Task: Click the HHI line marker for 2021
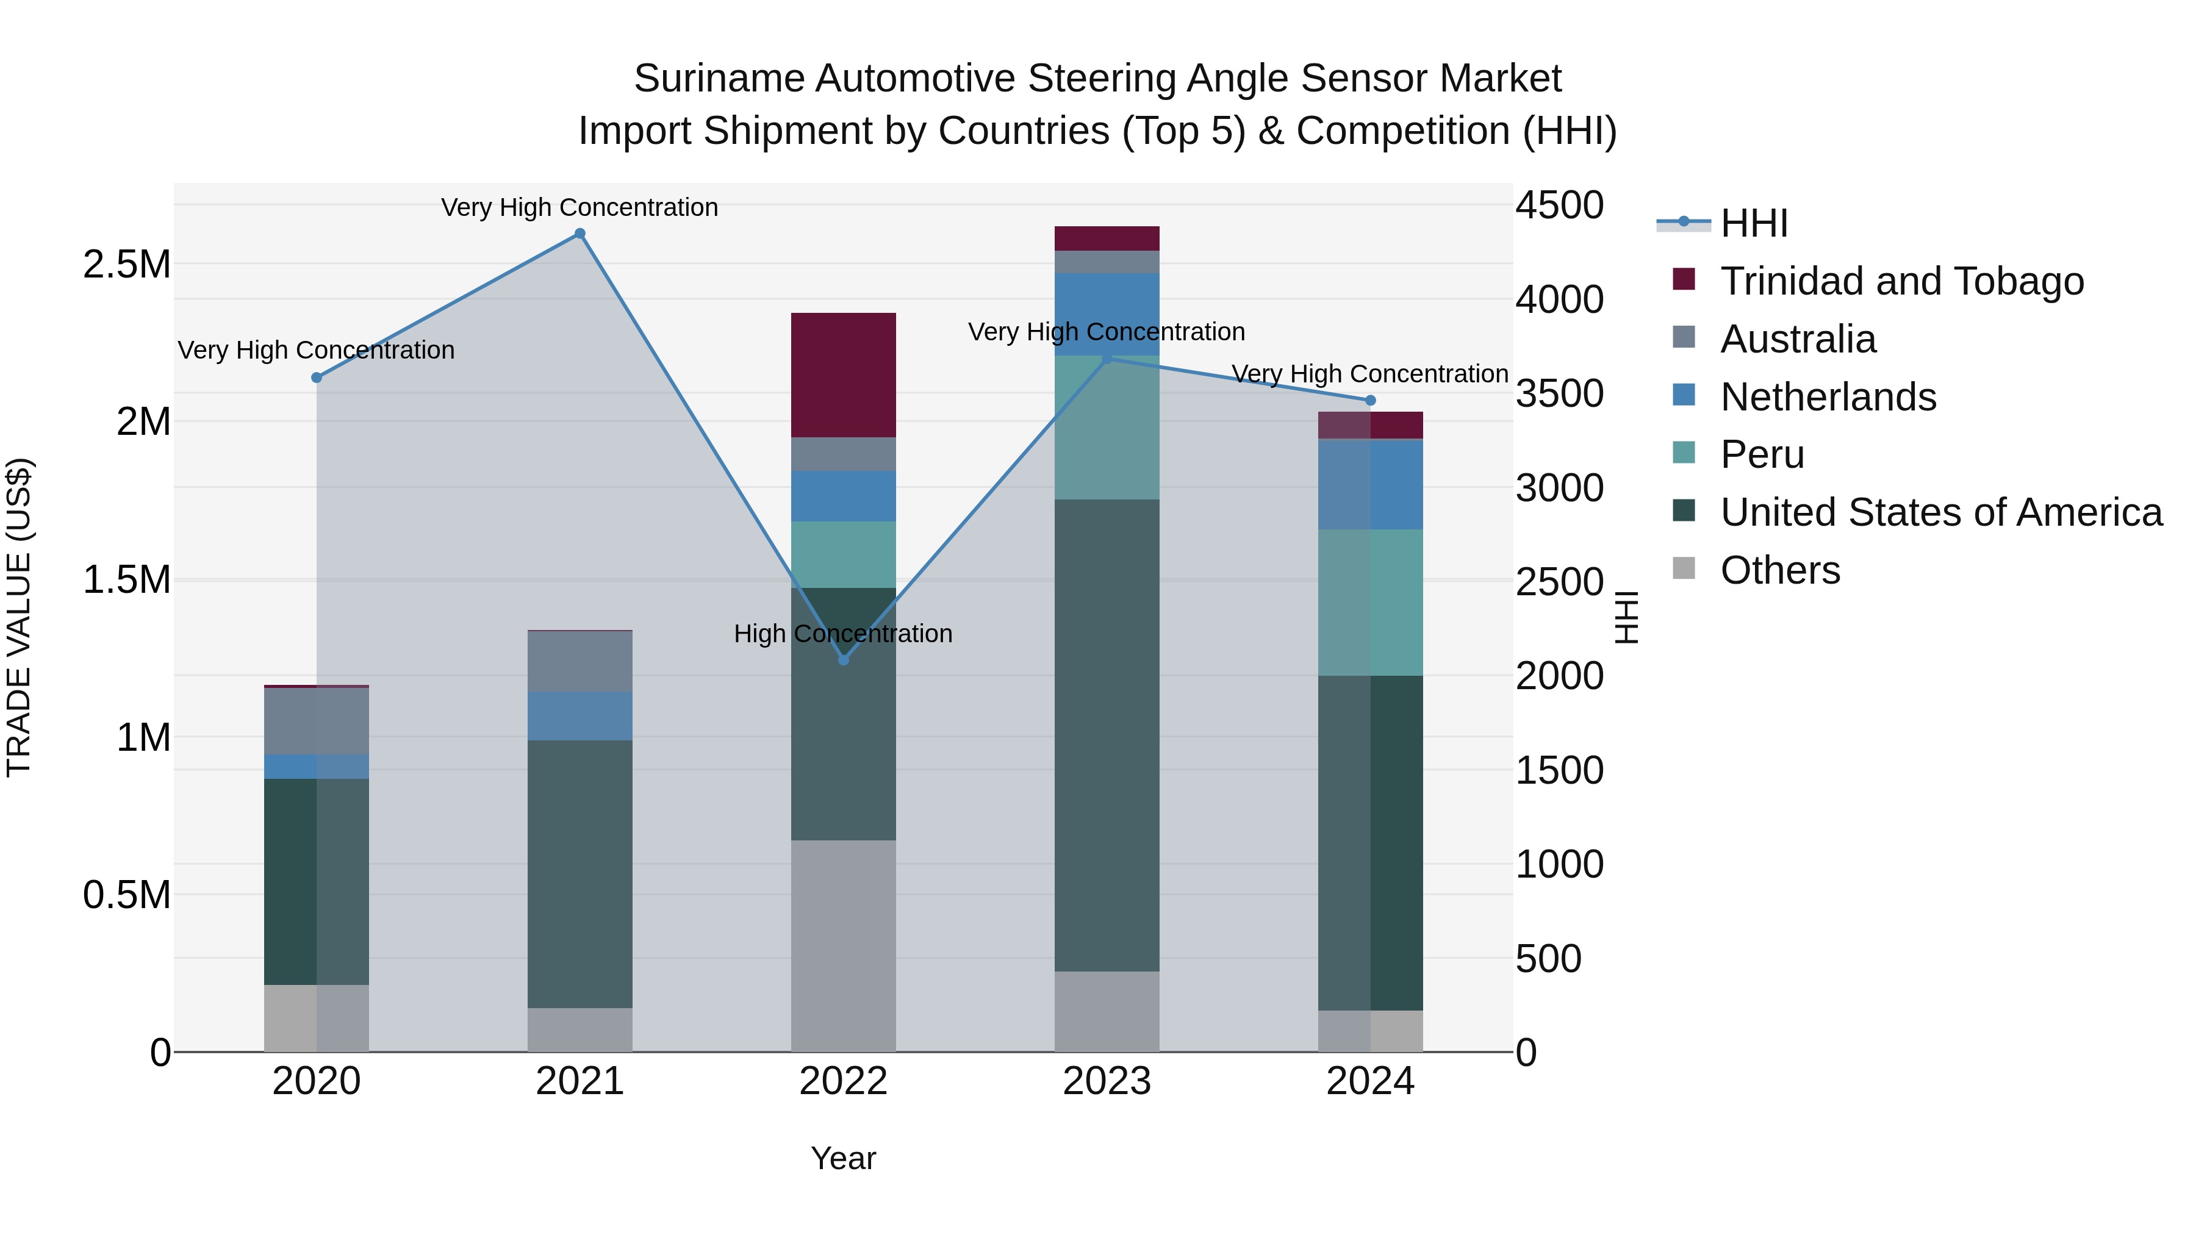point(579,234)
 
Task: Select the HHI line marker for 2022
point(843,660)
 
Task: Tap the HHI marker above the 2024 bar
point(1370,401)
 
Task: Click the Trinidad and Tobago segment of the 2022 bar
point(843,375)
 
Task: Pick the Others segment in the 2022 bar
point(843,945)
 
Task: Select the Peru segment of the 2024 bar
point(1370,603)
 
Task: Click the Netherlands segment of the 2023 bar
point(1107,313)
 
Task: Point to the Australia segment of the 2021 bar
point(579,661)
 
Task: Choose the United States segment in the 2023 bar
point(1107,735)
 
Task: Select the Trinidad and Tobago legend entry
point(1901,281)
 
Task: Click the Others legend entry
point(1779,570)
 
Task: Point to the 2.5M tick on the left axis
point(127,264)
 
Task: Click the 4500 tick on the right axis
point(1559,206)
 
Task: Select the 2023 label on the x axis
point(1107,1081)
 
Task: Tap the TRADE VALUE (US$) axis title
point(19,617)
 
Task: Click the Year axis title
point(843,1158)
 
